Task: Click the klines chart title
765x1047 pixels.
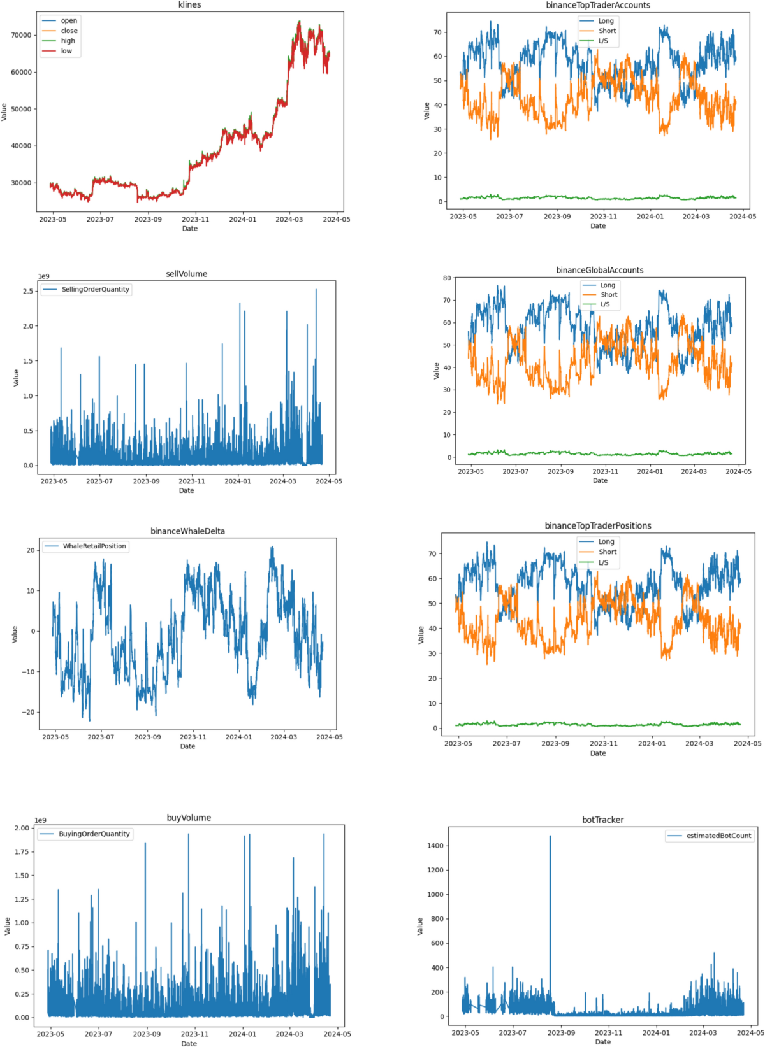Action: (189, 5)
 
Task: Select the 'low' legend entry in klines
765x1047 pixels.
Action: (66, 51)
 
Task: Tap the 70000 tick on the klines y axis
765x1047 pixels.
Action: (21, 35)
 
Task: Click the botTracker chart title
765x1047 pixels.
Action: (602, 820)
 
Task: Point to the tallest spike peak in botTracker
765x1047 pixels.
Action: (550, 837)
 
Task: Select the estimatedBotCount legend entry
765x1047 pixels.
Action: (718, 836)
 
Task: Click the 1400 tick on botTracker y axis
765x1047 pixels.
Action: (435, 846)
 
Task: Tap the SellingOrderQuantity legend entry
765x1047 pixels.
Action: (95, 289)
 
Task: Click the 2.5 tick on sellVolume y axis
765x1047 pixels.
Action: (28, 291)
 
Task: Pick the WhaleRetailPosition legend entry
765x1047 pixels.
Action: (94, 546)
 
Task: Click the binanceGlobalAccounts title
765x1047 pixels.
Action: (599, 270)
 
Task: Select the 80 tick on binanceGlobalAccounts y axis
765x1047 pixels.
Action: (447, 278)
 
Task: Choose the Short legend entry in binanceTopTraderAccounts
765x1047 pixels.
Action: (607, 31)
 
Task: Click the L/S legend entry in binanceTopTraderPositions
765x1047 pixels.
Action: (603, 562)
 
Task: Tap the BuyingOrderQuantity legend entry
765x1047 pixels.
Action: (94, 834)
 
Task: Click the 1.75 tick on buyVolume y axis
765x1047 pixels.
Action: (21, 851)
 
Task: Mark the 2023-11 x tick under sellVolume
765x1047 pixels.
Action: (192, 481)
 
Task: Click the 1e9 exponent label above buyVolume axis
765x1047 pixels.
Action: (40, 820)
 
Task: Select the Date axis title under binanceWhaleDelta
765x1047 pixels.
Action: (187, 746)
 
